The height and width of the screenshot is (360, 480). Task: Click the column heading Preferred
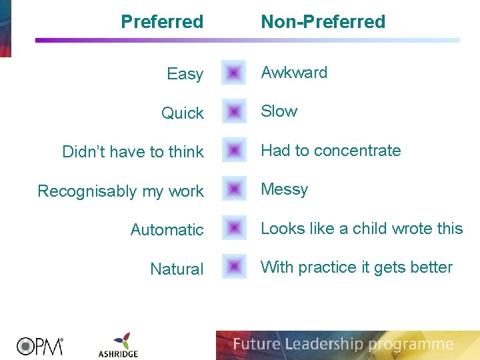[x=162, y=22]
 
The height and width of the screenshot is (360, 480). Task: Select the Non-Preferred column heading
[x=323, y=22]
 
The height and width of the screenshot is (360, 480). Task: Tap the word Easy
[x=185, y=74]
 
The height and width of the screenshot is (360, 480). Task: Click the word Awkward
[x=294, y=73]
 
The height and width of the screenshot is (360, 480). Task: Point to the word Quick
[x=182, y=113]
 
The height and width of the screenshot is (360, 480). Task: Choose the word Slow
[x=279, y=111]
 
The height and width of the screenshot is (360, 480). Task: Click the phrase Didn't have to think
[x=133, y=152]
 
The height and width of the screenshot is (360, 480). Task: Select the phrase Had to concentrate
[x=331, y=151]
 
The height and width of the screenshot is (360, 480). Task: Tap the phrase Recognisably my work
[x=120, y=191]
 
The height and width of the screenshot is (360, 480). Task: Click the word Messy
[x=284, y=189]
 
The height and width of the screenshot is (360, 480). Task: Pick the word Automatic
[x=167, y=230]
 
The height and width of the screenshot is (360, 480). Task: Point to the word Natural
[x=177, y=269]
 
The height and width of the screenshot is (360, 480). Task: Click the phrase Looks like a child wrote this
[x=361, y=229]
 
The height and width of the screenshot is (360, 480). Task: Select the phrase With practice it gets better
[x=356, y=267]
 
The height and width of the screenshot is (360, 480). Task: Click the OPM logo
[x=40, y=345]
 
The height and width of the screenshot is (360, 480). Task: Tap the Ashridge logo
[x=118, y=345]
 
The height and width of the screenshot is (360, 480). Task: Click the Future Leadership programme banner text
[x=343, y=345]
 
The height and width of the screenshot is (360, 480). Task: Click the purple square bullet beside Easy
[x=233, y=73]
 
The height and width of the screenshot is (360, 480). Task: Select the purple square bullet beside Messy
[x=233, y=189]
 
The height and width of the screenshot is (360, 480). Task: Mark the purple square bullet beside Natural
[x=233, y=267]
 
